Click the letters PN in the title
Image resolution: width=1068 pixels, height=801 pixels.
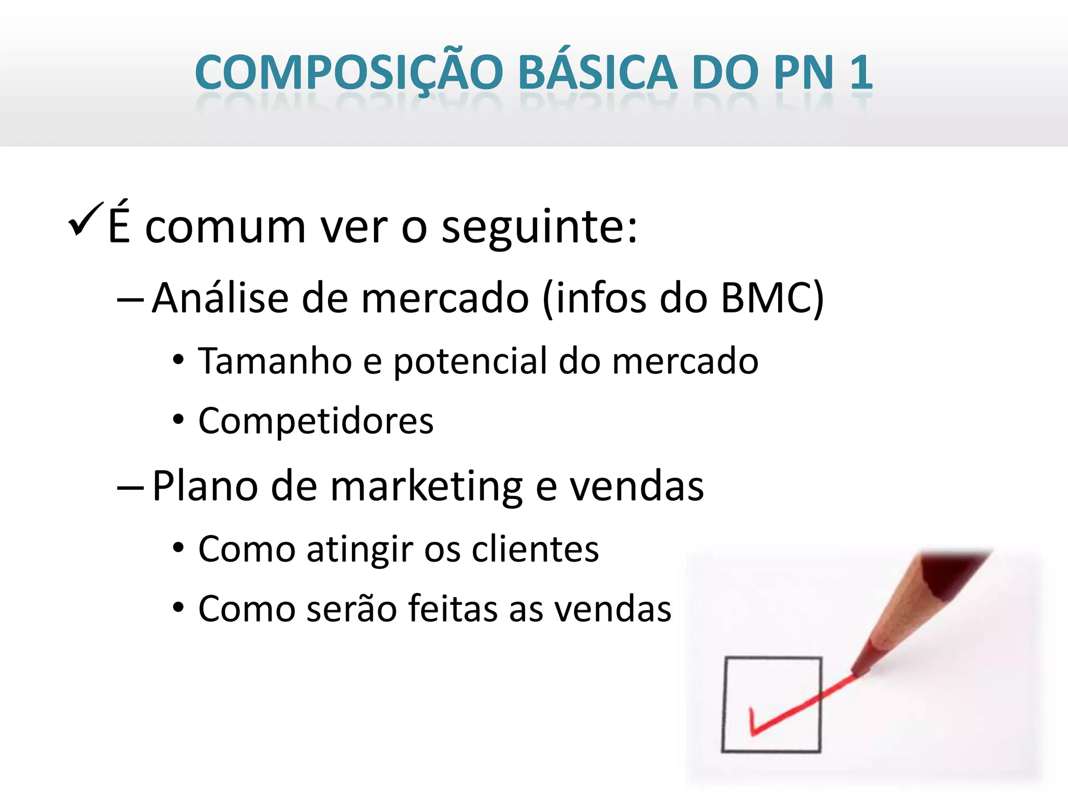804,73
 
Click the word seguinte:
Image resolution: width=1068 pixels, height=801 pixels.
539,228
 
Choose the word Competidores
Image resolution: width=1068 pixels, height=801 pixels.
315,421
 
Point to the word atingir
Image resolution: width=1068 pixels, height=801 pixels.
360,550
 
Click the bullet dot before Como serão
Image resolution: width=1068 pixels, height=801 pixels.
178,608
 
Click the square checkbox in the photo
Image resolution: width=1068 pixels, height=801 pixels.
771,704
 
